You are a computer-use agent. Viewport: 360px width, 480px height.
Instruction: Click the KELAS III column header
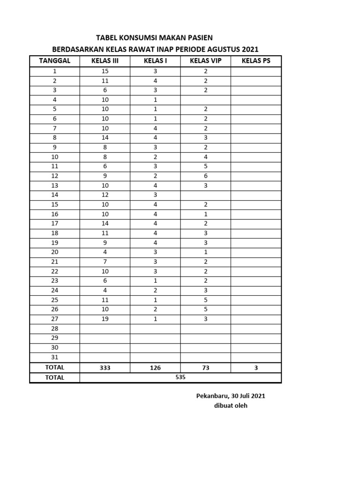pyautogui.click(x=105, y=61)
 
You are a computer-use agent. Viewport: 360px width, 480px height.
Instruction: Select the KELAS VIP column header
pyautogui.click(x=205, y=61)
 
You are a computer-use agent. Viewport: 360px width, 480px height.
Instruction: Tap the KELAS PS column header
pyautogui.click(x=256, y=61)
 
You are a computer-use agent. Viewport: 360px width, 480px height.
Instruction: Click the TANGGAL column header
pyautogui.click(x=55, y=61)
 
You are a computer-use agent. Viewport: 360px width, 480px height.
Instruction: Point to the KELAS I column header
pyautogui.click(x=155, y=61)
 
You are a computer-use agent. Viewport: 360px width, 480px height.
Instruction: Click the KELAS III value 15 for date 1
pyautogui.click(x=105, y=71)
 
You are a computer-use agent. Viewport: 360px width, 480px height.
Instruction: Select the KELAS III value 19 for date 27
pyautogui.click(x=105, y=319)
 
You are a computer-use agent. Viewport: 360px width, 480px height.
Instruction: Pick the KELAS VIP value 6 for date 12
pyautogui.click(x=205, y=176)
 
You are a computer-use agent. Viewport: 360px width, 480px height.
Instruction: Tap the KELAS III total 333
pyautogui.click(x=105, y=368)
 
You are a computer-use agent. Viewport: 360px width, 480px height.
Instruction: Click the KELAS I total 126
pyautogui.click(x=155, y=368)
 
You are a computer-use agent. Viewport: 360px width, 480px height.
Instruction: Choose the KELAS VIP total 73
pyautogui.click(x=205, y=368)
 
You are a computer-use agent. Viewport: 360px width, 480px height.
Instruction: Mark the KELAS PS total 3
pyautogui.click(x=256, y=368)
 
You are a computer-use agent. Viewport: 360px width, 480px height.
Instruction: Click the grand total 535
pyautogui.click(x=180, y=377)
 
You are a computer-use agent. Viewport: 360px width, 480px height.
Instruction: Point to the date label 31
pyautogui.click(x=55, y=357)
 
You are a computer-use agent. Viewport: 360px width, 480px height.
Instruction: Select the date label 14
pyautogui.click(x=55, y=195)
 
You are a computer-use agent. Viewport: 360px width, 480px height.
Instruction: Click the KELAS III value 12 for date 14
pyautogui.click(x=105, y=195)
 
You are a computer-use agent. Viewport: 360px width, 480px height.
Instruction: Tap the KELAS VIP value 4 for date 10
pyautogui.click(x=205, y=157)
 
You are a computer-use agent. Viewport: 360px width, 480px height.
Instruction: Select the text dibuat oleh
pyautogui.click(x=231, y=405)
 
